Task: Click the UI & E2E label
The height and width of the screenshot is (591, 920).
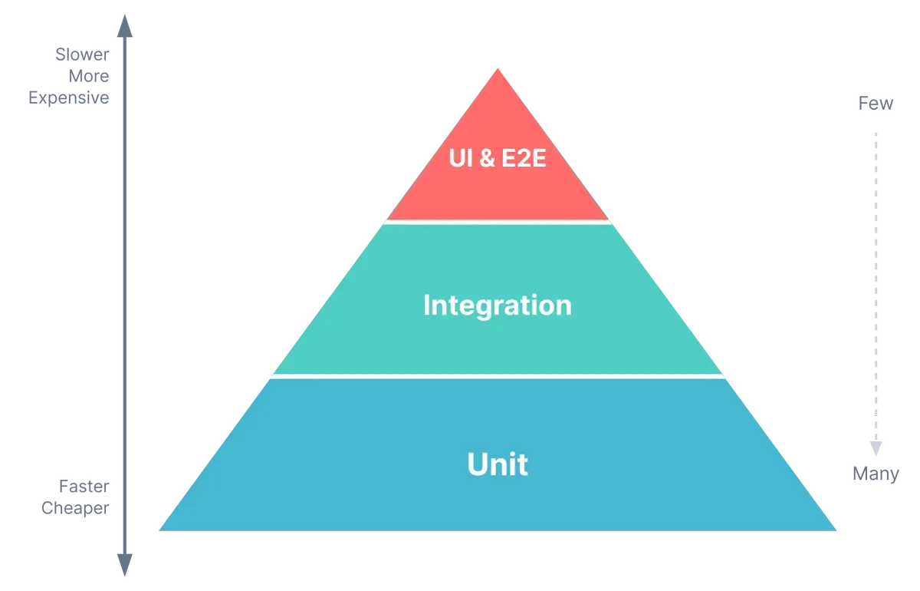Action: (x=498, y=163)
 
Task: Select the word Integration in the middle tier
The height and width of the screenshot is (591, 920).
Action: (x=498, y=305)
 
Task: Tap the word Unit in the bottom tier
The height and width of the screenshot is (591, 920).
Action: (x=498, y=465)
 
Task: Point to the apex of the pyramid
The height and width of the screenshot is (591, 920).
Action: (x=498, y=69)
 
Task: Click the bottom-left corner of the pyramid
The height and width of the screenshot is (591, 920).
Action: (x=158, y=530)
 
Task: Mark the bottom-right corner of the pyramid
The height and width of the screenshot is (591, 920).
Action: (x=836, y=530)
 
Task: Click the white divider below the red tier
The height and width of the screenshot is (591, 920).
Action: (x=498, y=221)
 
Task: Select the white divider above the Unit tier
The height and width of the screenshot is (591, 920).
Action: (x=498, y=376)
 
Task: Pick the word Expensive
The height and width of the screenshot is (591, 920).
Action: (x=71, y=99)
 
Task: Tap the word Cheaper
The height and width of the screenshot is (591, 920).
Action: (x=75, y=508)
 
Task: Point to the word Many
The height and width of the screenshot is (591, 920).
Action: (x=873, y=474)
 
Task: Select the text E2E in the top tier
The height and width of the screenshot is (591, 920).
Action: (x=524, y=163)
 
